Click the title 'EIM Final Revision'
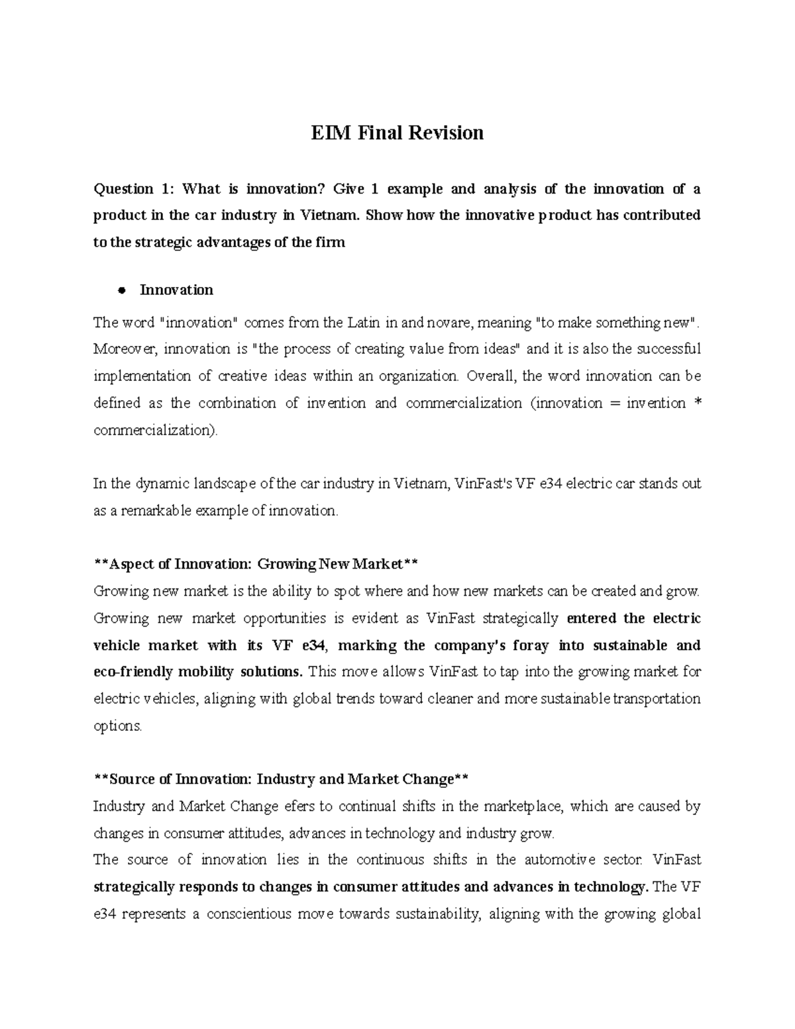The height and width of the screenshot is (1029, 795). pos(397,133)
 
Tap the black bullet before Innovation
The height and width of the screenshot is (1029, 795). pos(121,290)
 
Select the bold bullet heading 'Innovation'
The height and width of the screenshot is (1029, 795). pos(176,290)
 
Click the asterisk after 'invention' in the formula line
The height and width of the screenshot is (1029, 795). pos(696,404)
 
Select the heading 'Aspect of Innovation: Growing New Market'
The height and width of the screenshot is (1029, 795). pos(256,565)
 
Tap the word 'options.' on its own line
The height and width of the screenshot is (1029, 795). pos(118,726)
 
